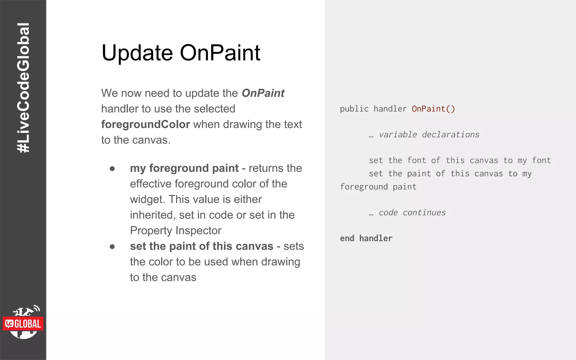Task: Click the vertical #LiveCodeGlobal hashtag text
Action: [23, 88]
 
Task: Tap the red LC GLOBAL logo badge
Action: [23, 324]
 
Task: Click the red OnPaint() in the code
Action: [433, 109]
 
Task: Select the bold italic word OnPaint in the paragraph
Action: [263, 93]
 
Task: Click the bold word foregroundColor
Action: [145, 124]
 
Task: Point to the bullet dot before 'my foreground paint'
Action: [112, 168]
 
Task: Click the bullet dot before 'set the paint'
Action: [112, 247]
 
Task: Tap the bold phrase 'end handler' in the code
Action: [366, 238]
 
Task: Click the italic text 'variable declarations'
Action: [429, 135]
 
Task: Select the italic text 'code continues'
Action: [412, 213]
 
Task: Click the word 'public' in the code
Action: [354, 109]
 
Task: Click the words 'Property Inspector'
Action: [175, 231]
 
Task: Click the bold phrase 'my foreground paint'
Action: [184, 168]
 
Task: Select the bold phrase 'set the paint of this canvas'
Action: [201, 246]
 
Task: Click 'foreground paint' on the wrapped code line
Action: [378, 187]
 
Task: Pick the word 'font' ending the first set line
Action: [541, 160]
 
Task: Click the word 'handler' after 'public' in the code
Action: [390, 109]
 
